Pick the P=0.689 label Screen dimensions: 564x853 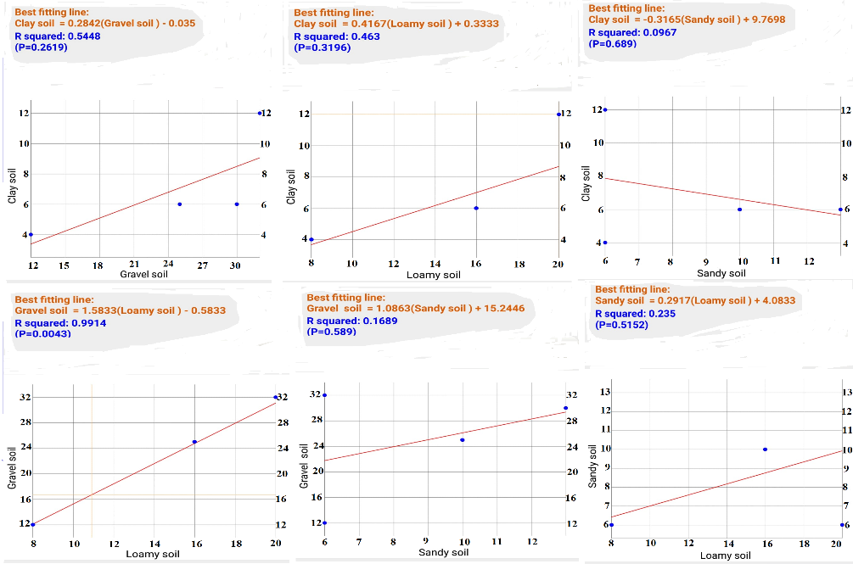(615, 42)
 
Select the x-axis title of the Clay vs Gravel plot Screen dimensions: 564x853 (147, 275)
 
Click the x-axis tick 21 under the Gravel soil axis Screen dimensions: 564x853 (134, 265)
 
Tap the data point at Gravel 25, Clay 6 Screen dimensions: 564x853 (180, 204)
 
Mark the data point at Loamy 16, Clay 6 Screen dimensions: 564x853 (476, 208)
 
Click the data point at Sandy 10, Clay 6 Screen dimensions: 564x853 (739, 209)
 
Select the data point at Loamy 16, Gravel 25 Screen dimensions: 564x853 (194, 442)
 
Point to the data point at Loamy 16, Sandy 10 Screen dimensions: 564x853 (765, 450)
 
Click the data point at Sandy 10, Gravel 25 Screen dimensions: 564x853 (463, 440)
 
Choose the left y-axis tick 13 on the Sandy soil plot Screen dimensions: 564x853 (605, 392)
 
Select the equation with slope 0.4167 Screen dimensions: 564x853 (396, 25)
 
